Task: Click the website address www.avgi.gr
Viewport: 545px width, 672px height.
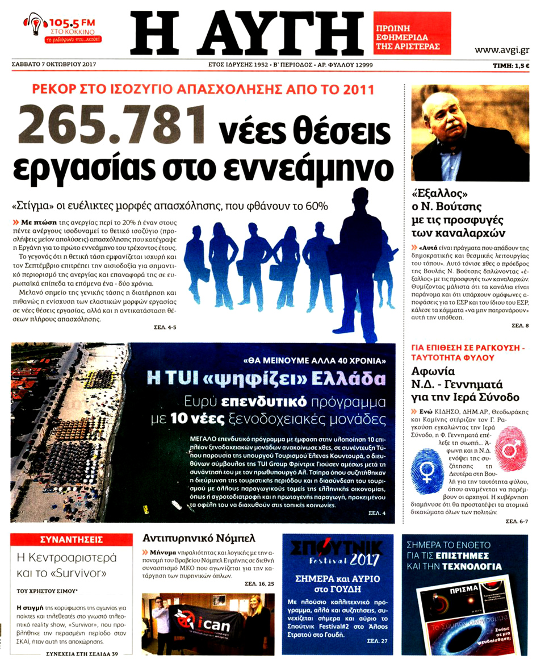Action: coord(501,50)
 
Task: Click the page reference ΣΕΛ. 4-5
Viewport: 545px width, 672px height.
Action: coord(165,328)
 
